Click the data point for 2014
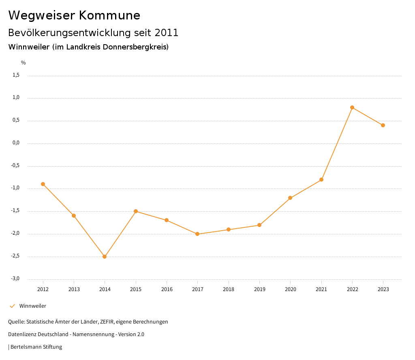(105, 257)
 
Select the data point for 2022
(352, 107)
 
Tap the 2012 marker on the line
(43, 184)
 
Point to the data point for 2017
(197, 234)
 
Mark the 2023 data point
(383, 125)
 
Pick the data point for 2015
(136, 211)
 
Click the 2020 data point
(290, 198)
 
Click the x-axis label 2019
(259, 289)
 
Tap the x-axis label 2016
(167, 289)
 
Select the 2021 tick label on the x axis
(321, 289)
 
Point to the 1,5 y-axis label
(16, 75)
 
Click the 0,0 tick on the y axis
(16, 143)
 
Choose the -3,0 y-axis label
(15, 279)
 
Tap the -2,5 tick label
(15, 256)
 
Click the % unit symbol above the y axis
(24, 63)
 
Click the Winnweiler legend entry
(32, 306)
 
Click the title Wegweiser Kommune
(74, 15)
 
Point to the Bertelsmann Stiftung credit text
(36, 347)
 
